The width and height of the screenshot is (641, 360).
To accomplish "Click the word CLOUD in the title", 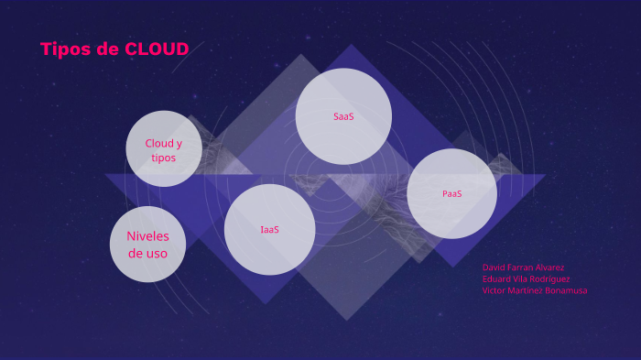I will click(x=157, y=49).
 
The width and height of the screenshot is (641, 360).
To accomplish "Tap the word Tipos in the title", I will click(x=65, y=49).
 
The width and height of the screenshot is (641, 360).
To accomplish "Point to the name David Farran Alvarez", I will click(x=523, y=267).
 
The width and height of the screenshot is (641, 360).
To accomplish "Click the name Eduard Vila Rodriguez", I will click(x=526, y=278).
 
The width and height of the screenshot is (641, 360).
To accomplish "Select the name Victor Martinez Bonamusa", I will click(x=535, y=290).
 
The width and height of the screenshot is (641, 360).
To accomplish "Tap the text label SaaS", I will click(x=343, y=116).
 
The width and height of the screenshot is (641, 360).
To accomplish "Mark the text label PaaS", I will click(x=451, y=193).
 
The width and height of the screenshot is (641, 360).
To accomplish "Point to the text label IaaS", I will click(x=269, y=229).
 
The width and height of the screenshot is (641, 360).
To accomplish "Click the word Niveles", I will click(x=147, y=236).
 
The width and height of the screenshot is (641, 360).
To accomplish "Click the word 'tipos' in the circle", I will click(x=164, y=158).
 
